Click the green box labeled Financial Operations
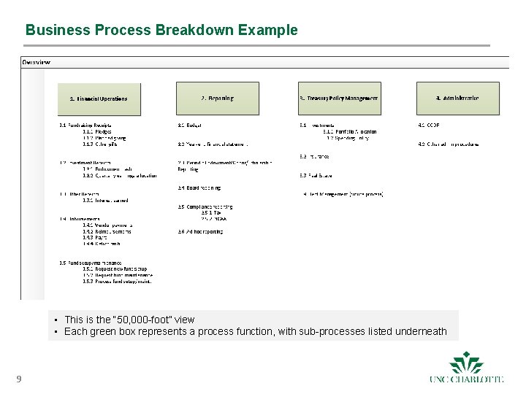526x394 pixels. tap(99, 98)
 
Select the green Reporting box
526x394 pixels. tap(217, 98)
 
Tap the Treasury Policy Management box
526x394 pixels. tap(339, 98)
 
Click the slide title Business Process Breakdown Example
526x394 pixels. tap(161, 31)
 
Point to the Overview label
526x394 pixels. tap(37, 62)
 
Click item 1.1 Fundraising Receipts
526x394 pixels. tap(85, 125)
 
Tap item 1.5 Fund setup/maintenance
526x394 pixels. tap(91, 263)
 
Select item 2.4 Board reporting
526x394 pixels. tap(199, 188)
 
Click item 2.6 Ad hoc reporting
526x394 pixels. tap(200, 231)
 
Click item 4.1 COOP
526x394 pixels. tap(429, 125)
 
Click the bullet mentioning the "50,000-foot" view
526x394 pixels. tap(129, 320)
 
